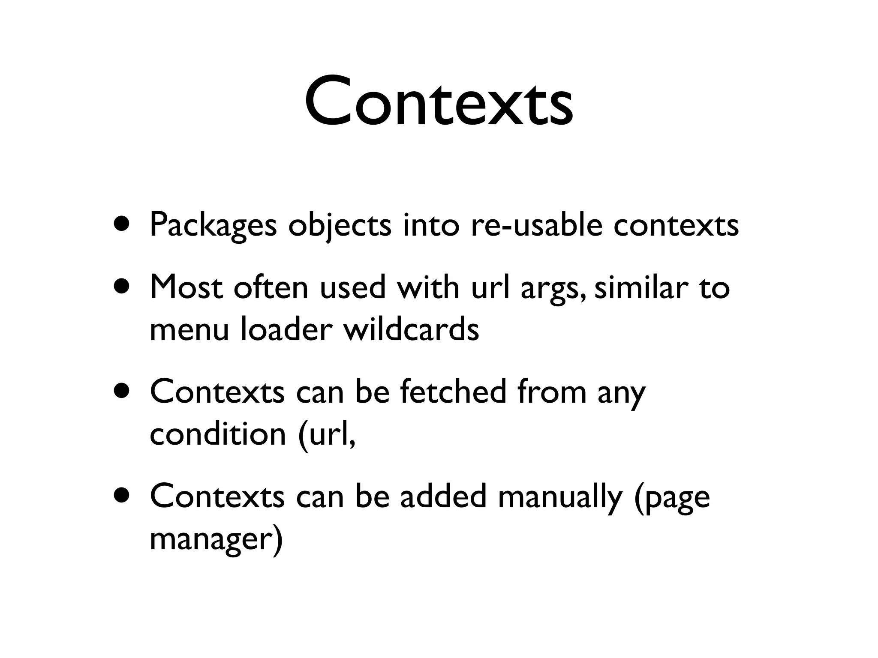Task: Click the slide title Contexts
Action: point(439,102)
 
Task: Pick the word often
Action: point(271,287)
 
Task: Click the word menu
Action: point(189,330)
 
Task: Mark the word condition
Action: point(218,434)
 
